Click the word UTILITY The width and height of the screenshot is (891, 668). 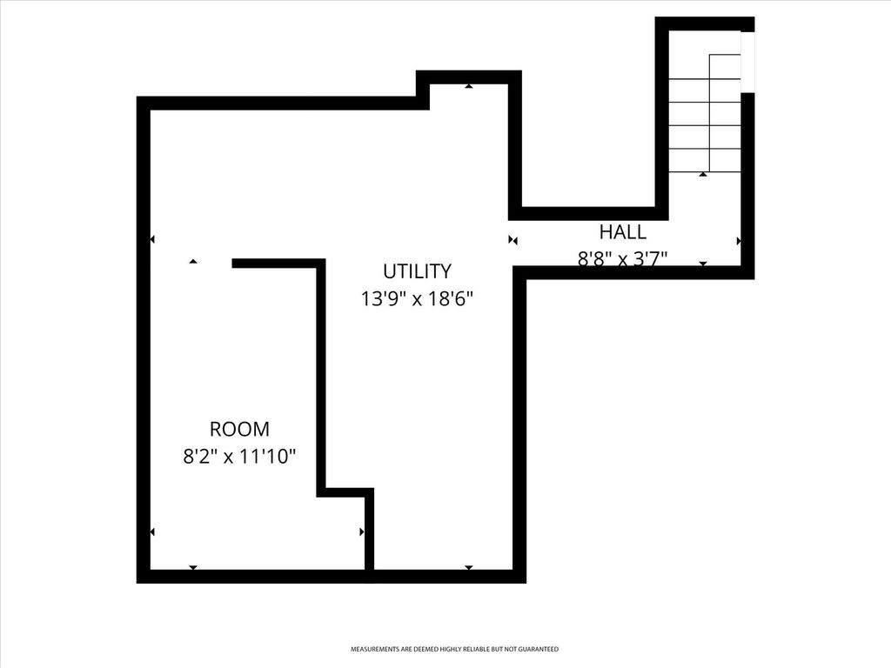coord(417,271)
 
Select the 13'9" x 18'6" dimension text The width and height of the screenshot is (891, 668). coord(417,298)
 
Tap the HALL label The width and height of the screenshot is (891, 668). coord(622,231)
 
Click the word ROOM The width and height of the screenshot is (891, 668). coord(239,429)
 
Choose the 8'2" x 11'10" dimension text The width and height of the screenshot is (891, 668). coord(239,457)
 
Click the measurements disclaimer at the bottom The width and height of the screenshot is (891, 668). coord(454,649)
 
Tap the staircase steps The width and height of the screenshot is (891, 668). coord(705,113)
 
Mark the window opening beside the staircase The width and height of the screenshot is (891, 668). coord(747,61)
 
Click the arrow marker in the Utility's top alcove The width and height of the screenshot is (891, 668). coord(469,86)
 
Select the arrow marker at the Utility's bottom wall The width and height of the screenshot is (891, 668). coord(469,567)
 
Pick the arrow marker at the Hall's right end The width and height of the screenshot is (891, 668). coord(739,240)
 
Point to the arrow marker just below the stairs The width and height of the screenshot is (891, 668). coord(703,175)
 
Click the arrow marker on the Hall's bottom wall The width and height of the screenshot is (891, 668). coord(703,263)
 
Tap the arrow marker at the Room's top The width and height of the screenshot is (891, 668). coord(193,261)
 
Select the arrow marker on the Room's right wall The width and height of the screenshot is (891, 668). coord(362,531)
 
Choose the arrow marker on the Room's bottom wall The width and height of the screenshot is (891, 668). coord(193,567)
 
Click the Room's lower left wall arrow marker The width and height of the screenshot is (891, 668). coord(152,531)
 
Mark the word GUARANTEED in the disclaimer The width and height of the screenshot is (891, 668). coord(539,649)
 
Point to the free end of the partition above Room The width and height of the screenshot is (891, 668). coord(235,264)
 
